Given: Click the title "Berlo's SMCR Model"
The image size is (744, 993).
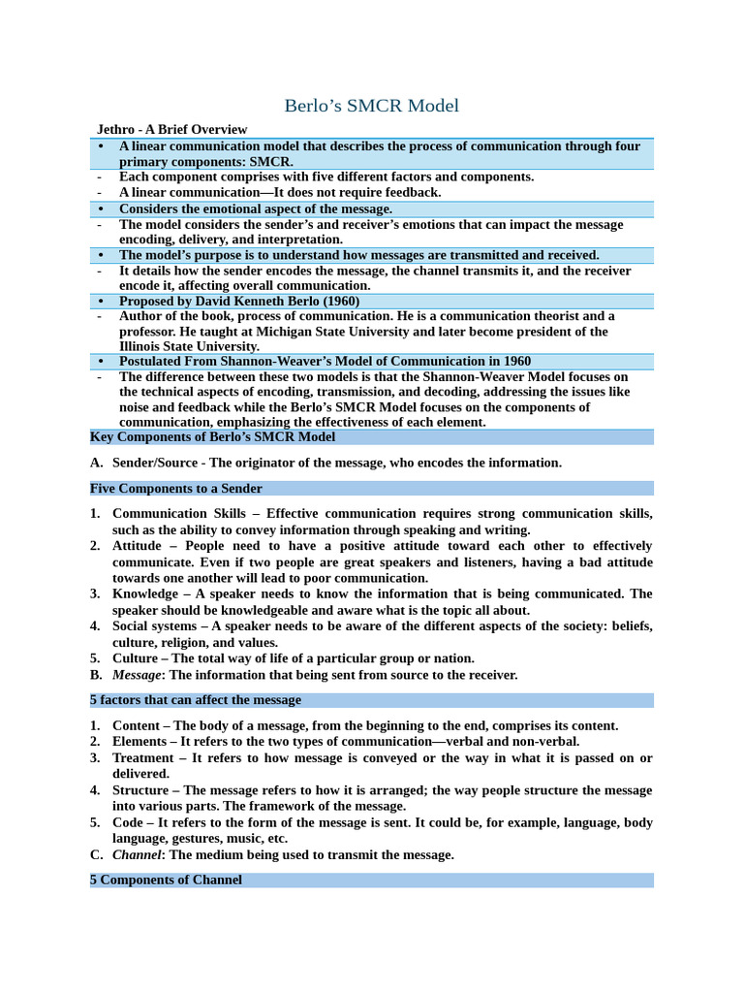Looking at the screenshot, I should point(372,106).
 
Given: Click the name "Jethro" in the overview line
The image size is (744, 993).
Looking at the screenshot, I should point(117,129).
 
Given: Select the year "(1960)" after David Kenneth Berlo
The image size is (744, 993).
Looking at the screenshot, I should point(338,301).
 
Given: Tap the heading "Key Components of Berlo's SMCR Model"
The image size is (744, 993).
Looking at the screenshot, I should point(212,437).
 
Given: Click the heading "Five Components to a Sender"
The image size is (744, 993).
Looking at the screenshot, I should point(175,489).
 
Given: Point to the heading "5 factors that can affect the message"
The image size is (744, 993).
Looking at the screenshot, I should point(195,699).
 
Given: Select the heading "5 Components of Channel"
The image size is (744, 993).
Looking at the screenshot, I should point(166,880).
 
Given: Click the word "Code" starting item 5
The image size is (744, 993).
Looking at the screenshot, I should point(130,822).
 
